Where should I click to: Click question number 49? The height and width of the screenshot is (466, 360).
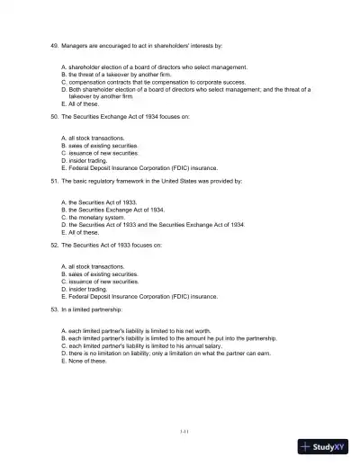53,44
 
